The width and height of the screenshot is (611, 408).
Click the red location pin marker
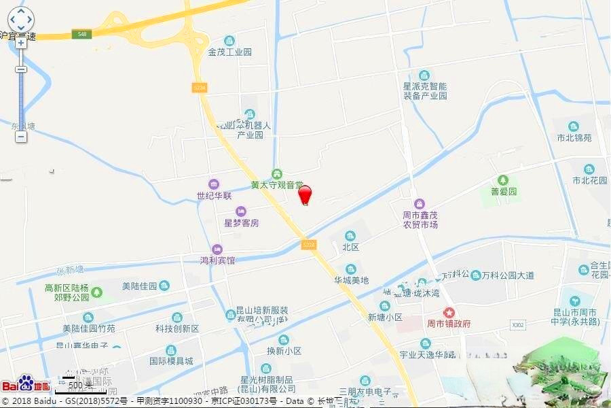click(305, 194)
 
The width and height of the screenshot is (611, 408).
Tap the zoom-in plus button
click(21, 42)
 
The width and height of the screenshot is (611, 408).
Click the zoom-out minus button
click(21, 137)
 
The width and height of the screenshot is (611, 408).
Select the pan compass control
click(21, 18)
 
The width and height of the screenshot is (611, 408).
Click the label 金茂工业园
click(230, 52)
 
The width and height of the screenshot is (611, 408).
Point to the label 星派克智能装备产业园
click(425, 91)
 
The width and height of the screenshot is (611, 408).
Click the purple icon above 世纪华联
click(214, 184)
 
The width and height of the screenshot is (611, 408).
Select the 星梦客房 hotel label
click(242, 222)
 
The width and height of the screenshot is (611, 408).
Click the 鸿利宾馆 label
click(217, 260)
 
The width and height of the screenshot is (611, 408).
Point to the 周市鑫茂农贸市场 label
click(420, 220)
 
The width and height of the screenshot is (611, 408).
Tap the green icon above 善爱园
click(503, 180)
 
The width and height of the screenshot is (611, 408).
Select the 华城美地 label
click(351, 279)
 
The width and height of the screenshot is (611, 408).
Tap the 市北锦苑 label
click(574, 137)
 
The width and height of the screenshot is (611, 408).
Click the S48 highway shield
click(82, 33)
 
